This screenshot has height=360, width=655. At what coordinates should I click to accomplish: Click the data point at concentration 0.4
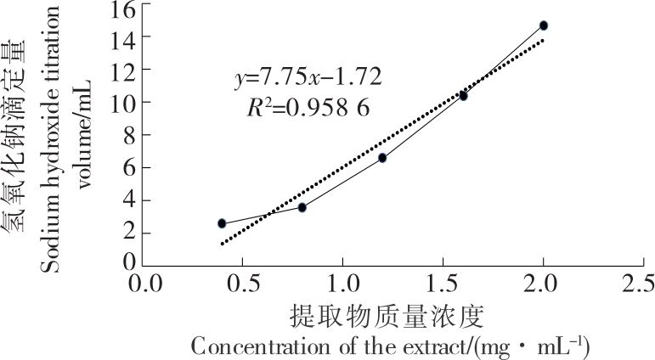222,223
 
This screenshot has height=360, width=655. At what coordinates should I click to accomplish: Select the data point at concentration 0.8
302,207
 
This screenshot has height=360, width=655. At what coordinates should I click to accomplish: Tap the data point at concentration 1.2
382,158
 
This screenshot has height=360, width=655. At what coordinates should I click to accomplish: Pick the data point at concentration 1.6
463,96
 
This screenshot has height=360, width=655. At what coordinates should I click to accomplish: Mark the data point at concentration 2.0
544,25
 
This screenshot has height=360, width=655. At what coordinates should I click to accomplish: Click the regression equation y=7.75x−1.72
308,78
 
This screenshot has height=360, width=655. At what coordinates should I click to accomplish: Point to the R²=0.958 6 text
307,108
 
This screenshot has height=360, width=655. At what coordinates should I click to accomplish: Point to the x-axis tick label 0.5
241,282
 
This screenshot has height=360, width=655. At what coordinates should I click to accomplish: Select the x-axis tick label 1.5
443,282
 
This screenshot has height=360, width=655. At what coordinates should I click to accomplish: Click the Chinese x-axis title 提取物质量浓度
387,317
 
